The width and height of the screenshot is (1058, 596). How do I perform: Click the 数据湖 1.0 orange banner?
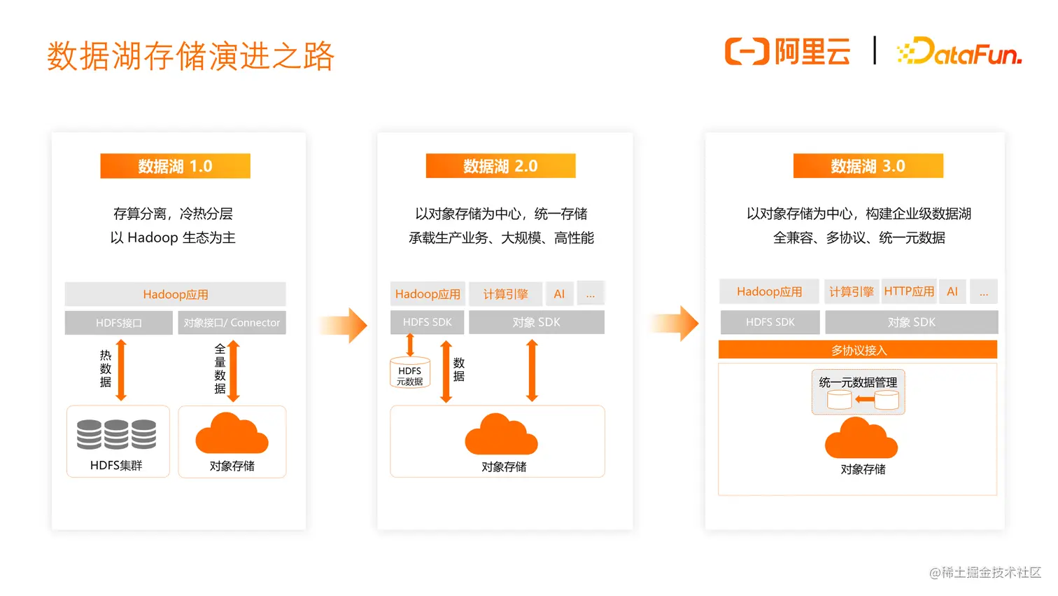pos(175,166)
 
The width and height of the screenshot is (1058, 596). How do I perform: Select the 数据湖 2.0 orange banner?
pos(500,166)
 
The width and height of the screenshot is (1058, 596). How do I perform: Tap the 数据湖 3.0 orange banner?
pos(868,166)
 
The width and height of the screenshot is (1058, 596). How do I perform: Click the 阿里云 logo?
pos(788,52)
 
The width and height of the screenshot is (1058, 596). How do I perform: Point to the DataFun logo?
pos(959,52)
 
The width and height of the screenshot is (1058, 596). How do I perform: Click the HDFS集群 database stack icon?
pos(116,434)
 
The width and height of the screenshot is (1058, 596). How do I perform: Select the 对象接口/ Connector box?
pos(232,323)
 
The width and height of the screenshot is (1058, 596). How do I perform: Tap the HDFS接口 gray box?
pos(119,323)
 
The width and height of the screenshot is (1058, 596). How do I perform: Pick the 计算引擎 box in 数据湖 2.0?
pos(505,294)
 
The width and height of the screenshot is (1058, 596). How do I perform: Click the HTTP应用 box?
pos(909,291)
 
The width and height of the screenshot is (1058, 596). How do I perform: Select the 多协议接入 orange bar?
pos(858,349)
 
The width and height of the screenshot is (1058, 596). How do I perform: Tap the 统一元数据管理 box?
pos(858,391)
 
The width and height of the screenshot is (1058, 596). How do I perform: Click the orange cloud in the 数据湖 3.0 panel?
pos(861,438)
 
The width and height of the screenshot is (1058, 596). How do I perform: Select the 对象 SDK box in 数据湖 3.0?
pos(911,322)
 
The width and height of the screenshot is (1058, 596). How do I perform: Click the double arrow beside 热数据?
pos(121,370)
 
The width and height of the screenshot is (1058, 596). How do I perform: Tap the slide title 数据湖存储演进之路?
pos(191,56)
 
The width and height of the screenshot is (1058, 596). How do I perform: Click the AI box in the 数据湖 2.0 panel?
pos(559,294)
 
